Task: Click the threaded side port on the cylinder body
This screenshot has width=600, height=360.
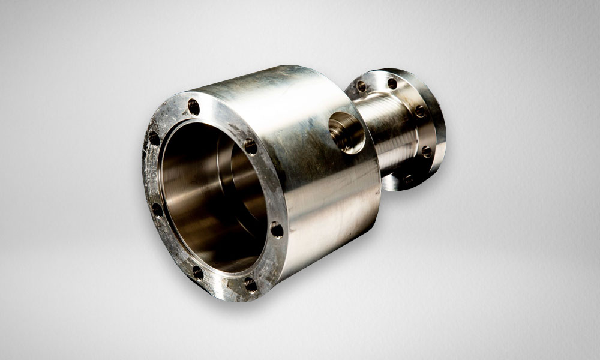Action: [x=347, y=131]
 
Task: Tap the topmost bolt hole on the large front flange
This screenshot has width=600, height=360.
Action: [x=194, y=107]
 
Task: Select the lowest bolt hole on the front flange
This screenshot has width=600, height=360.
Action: [x=250, y=284]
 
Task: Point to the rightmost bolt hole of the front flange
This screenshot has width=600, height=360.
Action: [x=277, y=229]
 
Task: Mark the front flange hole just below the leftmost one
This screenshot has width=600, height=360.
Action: [x=157, y=209]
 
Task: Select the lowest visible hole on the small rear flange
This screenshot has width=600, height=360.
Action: [x=408, y=178]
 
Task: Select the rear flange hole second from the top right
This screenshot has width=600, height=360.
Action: [x=420, y=110]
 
